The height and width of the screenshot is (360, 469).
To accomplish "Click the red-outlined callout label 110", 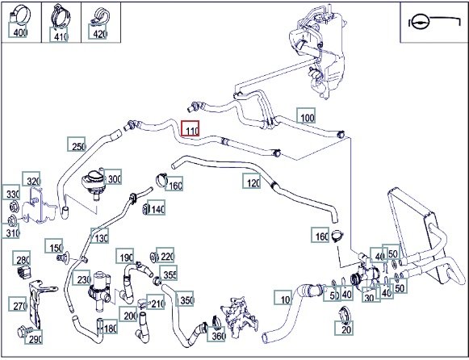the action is pyautogui.click(x=190, y=128).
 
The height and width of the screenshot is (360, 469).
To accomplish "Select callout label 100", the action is pyautogui.click(x=306, y=115).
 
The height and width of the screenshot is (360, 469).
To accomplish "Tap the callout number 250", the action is pyautogui.click(x=76, y=144).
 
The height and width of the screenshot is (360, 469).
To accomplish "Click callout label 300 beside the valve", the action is pyautogui.click(x=112, y=177).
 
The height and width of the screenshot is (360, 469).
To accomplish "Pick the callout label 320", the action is pyautogui.click(x=31, y=179).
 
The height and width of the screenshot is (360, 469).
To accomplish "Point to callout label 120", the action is pyautogui.click(x=252, y=181).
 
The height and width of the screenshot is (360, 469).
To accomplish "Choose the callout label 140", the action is pyautogui.click(x=156, y=207).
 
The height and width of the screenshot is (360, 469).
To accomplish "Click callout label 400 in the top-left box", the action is pyautogui.click(x=18, y=30).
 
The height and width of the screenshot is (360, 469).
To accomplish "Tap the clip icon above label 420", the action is pyautogui.click(x=99, y=16).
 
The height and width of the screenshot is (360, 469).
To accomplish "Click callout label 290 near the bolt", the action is pyautogui.click(x=34, y=337).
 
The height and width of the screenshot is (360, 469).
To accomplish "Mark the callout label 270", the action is pyautogui.click(x=18, y=304).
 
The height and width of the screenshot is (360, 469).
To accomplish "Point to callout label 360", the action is pyautogui.click(x=216, y=334).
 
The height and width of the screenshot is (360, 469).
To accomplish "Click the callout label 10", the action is pyautogui.click(x=283, y=298).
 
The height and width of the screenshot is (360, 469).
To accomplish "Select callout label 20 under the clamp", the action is pyautogui.click(x=344, y=328).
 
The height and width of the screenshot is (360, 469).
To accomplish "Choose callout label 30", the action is pyautogui.click(x=371, y=295).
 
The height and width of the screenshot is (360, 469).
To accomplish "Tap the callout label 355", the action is pyautogui.click(x=168, y=273).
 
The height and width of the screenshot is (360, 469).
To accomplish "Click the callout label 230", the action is pyautogui.click(x=82, y=278).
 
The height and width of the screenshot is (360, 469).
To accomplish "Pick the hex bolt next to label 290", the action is pyautogui.click(x=23, y=331).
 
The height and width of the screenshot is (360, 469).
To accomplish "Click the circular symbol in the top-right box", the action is pyautogui.click(x=420, y=23).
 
